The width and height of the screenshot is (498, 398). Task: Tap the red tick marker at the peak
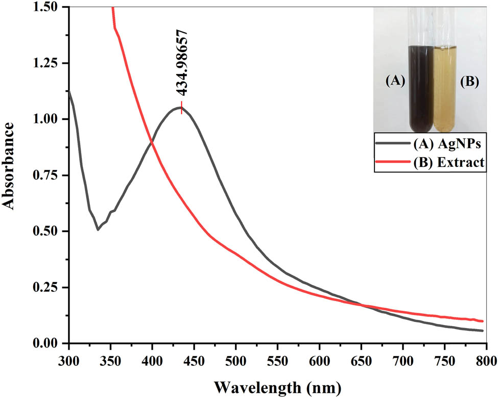click(x=181, y=108)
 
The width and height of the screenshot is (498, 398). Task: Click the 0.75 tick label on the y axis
click(x=50, y=175)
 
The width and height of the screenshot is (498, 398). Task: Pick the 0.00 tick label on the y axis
click(x=50, y=343)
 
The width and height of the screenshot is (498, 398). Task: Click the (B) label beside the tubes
click(x=468, y=82)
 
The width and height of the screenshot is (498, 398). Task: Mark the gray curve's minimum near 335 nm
click(x=98, y=230)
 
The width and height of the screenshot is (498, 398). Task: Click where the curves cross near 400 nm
click(x=151, y=141)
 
